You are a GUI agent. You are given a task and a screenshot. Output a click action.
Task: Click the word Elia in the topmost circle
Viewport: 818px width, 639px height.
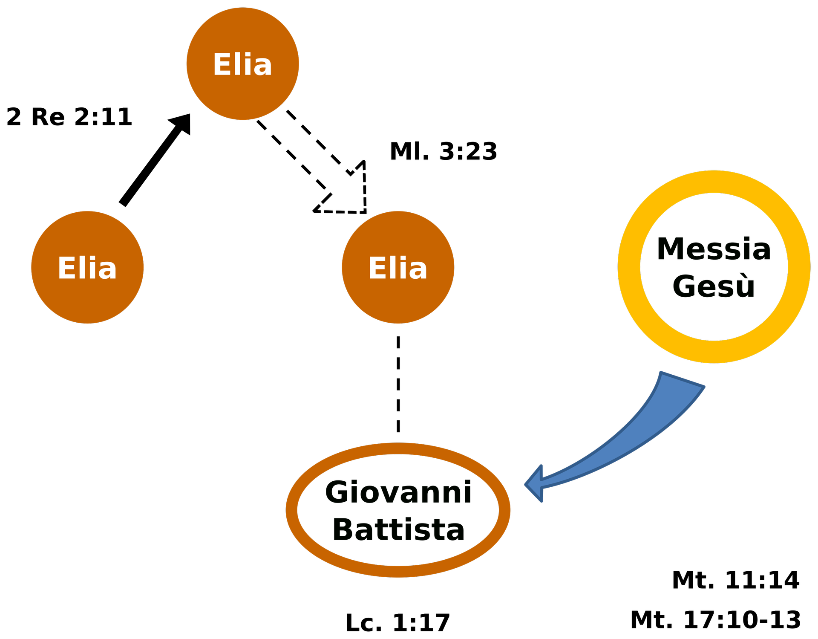242,65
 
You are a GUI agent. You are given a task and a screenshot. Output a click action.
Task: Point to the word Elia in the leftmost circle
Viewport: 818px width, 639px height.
87,268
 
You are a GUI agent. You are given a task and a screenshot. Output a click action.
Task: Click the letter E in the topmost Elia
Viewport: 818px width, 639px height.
222,65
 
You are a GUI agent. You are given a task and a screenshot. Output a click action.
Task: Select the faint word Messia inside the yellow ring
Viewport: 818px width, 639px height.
714,249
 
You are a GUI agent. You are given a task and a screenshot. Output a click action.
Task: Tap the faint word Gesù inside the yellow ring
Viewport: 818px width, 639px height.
714,285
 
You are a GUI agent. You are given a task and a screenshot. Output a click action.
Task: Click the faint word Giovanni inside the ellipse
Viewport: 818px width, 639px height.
398,492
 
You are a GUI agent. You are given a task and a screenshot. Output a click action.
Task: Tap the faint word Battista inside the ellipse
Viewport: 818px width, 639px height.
398,529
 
